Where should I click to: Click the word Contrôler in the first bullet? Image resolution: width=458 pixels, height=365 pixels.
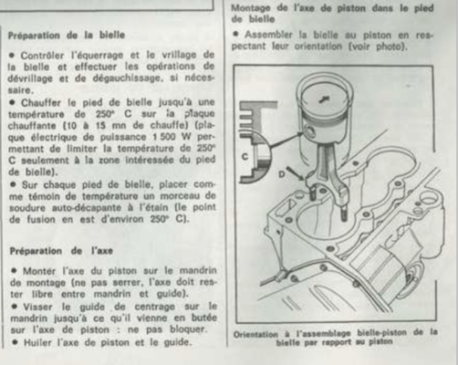42,56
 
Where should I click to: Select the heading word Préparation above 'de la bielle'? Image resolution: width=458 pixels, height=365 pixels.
34,36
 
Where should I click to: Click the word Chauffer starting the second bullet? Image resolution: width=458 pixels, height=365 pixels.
41,103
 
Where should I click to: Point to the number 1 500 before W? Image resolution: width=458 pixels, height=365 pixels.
164,137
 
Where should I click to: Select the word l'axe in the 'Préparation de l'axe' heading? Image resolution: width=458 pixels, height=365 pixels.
102,251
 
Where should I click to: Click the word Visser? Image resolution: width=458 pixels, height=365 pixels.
37,307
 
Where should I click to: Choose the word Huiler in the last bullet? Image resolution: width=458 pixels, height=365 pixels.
38,342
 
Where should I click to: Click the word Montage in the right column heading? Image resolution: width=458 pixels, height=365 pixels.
251,8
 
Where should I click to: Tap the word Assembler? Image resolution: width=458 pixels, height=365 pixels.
268,35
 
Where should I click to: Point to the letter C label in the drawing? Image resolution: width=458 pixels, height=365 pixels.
245,157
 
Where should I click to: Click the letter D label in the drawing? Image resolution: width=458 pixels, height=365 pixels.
282,174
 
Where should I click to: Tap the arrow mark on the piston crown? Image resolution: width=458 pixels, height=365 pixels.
324,99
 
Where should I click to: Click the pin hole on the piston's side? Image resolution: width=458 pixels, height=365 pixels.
311,131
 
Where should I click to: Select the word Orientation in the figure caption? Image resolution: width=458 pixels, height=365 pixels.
255,335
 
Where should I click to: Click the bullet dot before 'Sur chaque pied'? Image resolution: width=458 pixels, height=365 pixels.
13,184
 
